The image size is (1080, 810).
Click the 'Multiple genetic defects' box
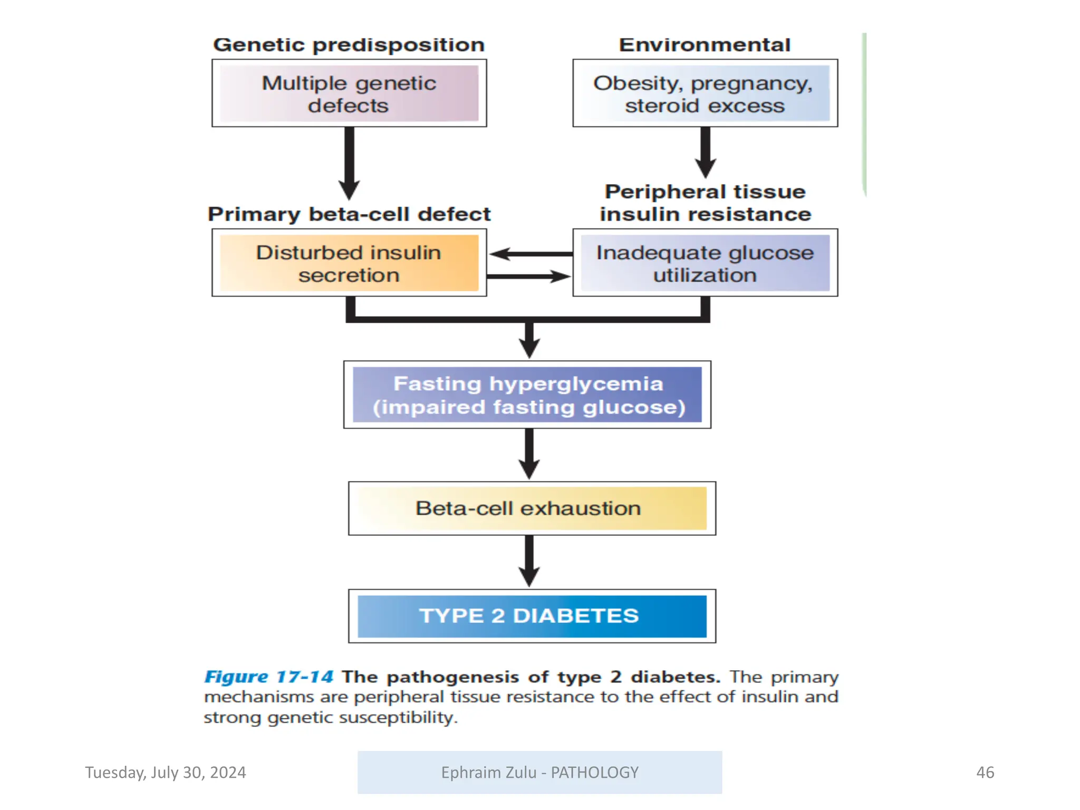point(349,93)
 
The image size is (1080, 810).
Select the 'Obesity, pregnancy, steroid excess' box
point(705,93)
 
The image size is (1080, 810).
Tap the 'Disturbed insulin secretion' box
point(349,263)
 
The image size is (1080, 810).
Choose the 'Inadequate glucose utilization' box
point(705,263)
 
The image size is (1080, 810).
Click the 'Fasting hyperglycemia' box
point(527,394)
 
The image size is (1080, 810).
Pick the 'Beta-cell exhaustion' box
point(532,508)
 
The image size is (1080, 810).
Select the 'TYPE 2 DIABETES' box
point(532,615)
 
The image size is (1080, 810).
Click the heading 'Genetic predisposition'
point(349,45)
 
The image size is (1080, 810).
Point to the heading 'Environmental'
point(705,45)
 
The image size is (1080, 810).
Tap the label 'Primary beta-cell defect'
point(349,214)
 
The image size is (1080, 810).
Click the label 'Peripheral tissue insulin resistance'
point(705,203)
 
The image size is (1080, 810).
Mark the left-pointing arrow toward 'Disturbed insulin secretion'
point(529,254)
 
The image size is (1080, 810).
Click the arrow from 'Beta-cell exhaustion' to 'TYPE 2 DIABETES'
point(529,561)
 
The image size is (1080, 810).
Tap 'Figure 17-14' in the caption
point(268,677)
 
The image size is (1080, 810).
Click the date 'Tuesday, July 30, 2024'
point(166,772)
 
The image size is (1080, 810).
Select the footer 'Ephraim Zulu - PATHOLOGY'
point(539,772)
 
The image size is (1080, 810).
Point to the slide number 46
point(985,772)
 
